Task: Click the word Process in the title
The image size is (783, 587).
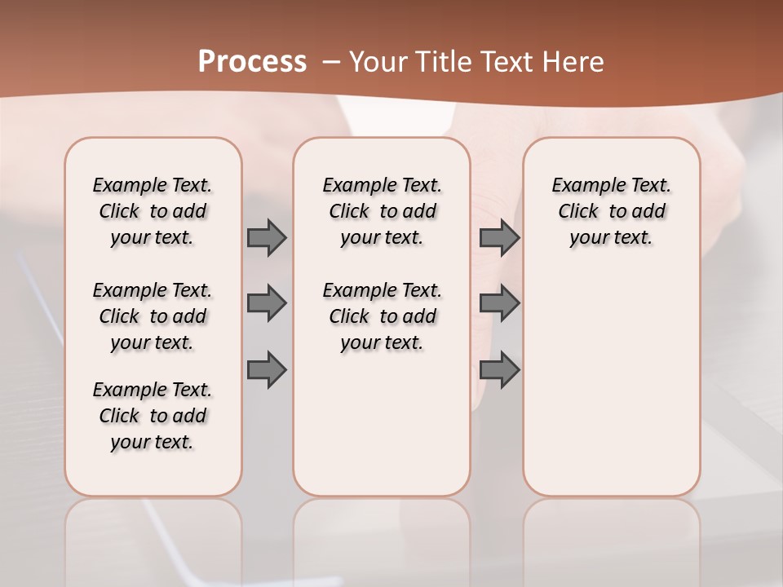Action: (252, 62)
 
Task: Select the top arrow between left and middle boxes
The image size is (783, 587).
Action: (267, 237)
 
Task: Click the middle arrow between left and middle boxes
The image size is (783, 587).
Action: (267, 303)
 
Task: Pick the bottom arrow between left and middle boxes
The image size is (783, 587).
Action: (267, 370)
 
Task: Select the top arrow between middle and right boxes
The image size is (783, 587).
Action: (499, 237)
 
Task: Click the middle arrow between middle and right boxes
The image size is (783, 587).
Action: (499, 303)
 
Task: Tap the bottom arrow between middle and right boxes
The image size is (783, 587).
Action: (499, 370)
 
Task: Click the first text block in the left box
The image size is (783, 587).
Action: (153, 211)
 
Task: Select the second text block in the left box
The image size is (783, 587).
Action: (153, 316)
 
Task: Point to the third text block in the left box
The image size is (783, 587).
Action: (153, 416)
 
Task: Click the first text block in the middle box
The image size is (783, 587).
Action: (382, 211)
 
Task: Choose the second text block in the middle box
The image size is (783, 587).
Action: (382, 316)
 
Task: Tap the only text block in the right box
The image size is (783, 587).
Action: (612, 211)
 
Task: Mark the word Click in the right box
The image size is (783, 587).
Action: (578, 212)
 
